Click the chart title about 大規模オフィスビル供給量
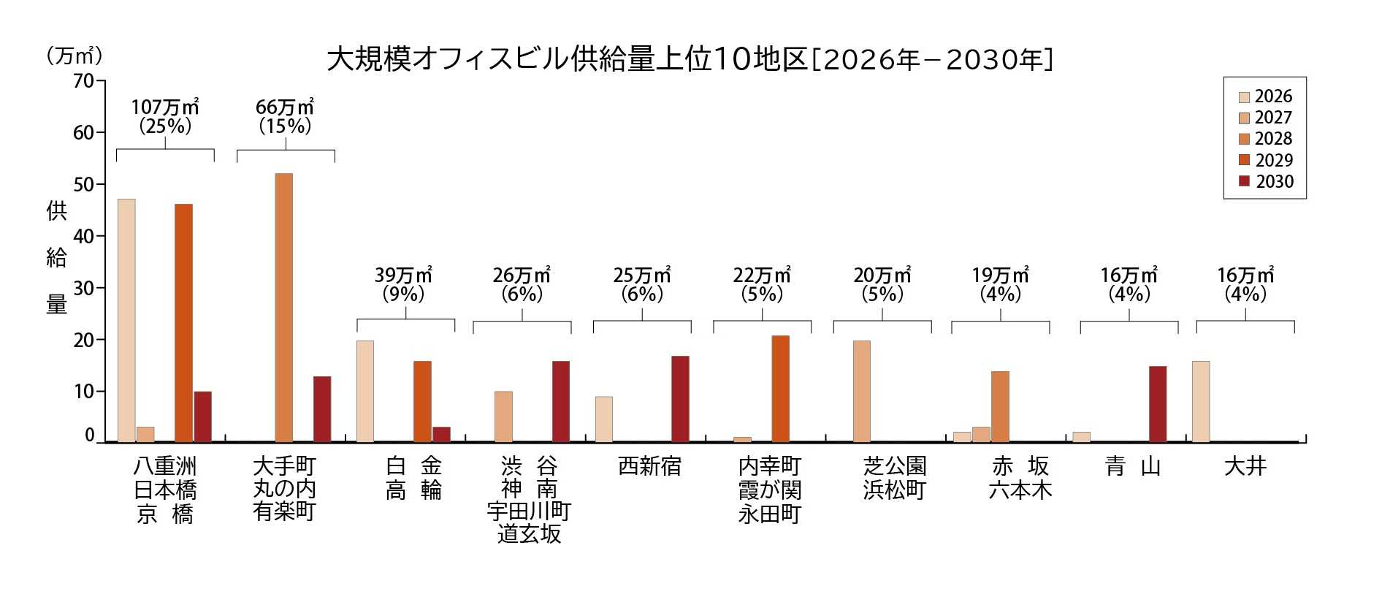690,60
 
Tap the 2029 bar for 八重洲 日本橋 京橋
184,323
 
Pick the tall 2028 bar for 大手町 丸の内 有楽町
284,308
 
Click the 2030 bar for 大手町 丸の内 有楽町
322,409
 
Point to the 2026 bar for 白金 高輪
365,391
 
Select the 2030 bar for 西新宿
680,399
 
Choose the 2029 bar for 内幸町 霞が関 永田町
780,389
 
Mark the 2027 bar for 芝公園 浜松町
862,391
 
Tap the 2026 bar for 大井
1201,401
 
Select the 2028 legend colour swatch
1245,140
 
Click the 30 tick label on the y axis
84,288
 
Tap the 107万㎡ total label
165,107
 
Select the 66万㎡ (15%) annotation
285,117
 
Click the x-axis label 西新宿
649,466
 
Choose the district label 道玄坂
529,534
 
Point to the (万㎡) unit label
75,56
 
